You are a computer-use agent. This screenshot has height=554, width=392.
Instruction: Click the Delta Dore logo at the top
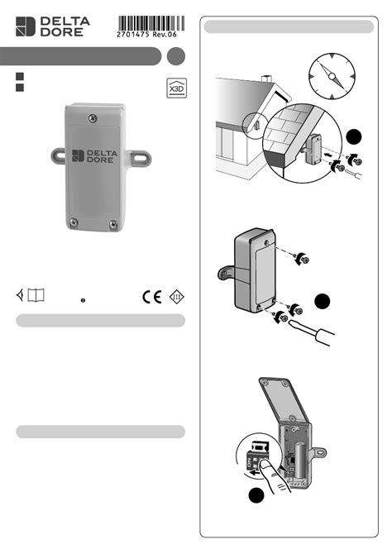[53, 26]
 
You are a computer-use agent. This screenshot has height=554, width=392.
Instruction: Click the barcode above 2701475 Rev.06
[151, 23]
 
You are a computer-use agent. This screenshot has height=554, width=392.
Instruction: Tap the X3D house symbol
[177, 88]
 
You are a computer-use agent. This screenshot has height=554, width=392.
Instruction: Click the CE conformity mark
[152, 297]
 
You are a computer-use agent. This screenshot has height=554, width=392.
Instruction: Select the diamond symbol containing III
[177, 297]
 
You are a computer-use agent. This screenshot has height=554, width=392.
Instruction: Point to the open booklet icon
[36, 295]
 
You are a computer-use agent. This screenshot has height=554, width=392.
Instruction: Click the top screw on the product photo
[93, 119]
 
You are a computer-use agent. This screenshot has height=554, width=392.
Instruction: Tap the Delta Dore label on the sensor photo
[95, 155]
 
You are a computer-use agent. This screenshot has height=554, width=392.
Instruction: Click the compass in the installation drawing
[332, 76]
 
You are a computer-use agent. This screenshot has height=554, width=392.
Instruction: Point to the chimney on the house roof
[266, 79]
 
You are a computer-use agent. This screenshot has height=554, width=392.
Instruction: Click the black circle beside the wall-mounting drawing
[354, 137]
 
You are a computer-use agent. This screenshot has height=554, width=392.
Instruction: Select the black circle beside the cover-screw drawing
[322, 301]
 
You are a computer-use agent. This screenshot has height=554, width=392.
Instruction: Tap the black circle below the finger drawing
[256, 495]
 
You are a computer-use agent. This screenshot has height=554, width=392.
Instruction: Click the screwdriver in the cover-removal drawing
[312, 332]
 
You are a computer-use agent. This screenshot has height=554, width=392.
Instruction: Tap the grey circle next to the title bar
[175, 56]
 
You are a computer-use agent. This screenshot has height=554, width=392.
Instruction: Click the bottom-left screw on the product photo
[74, 222]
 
